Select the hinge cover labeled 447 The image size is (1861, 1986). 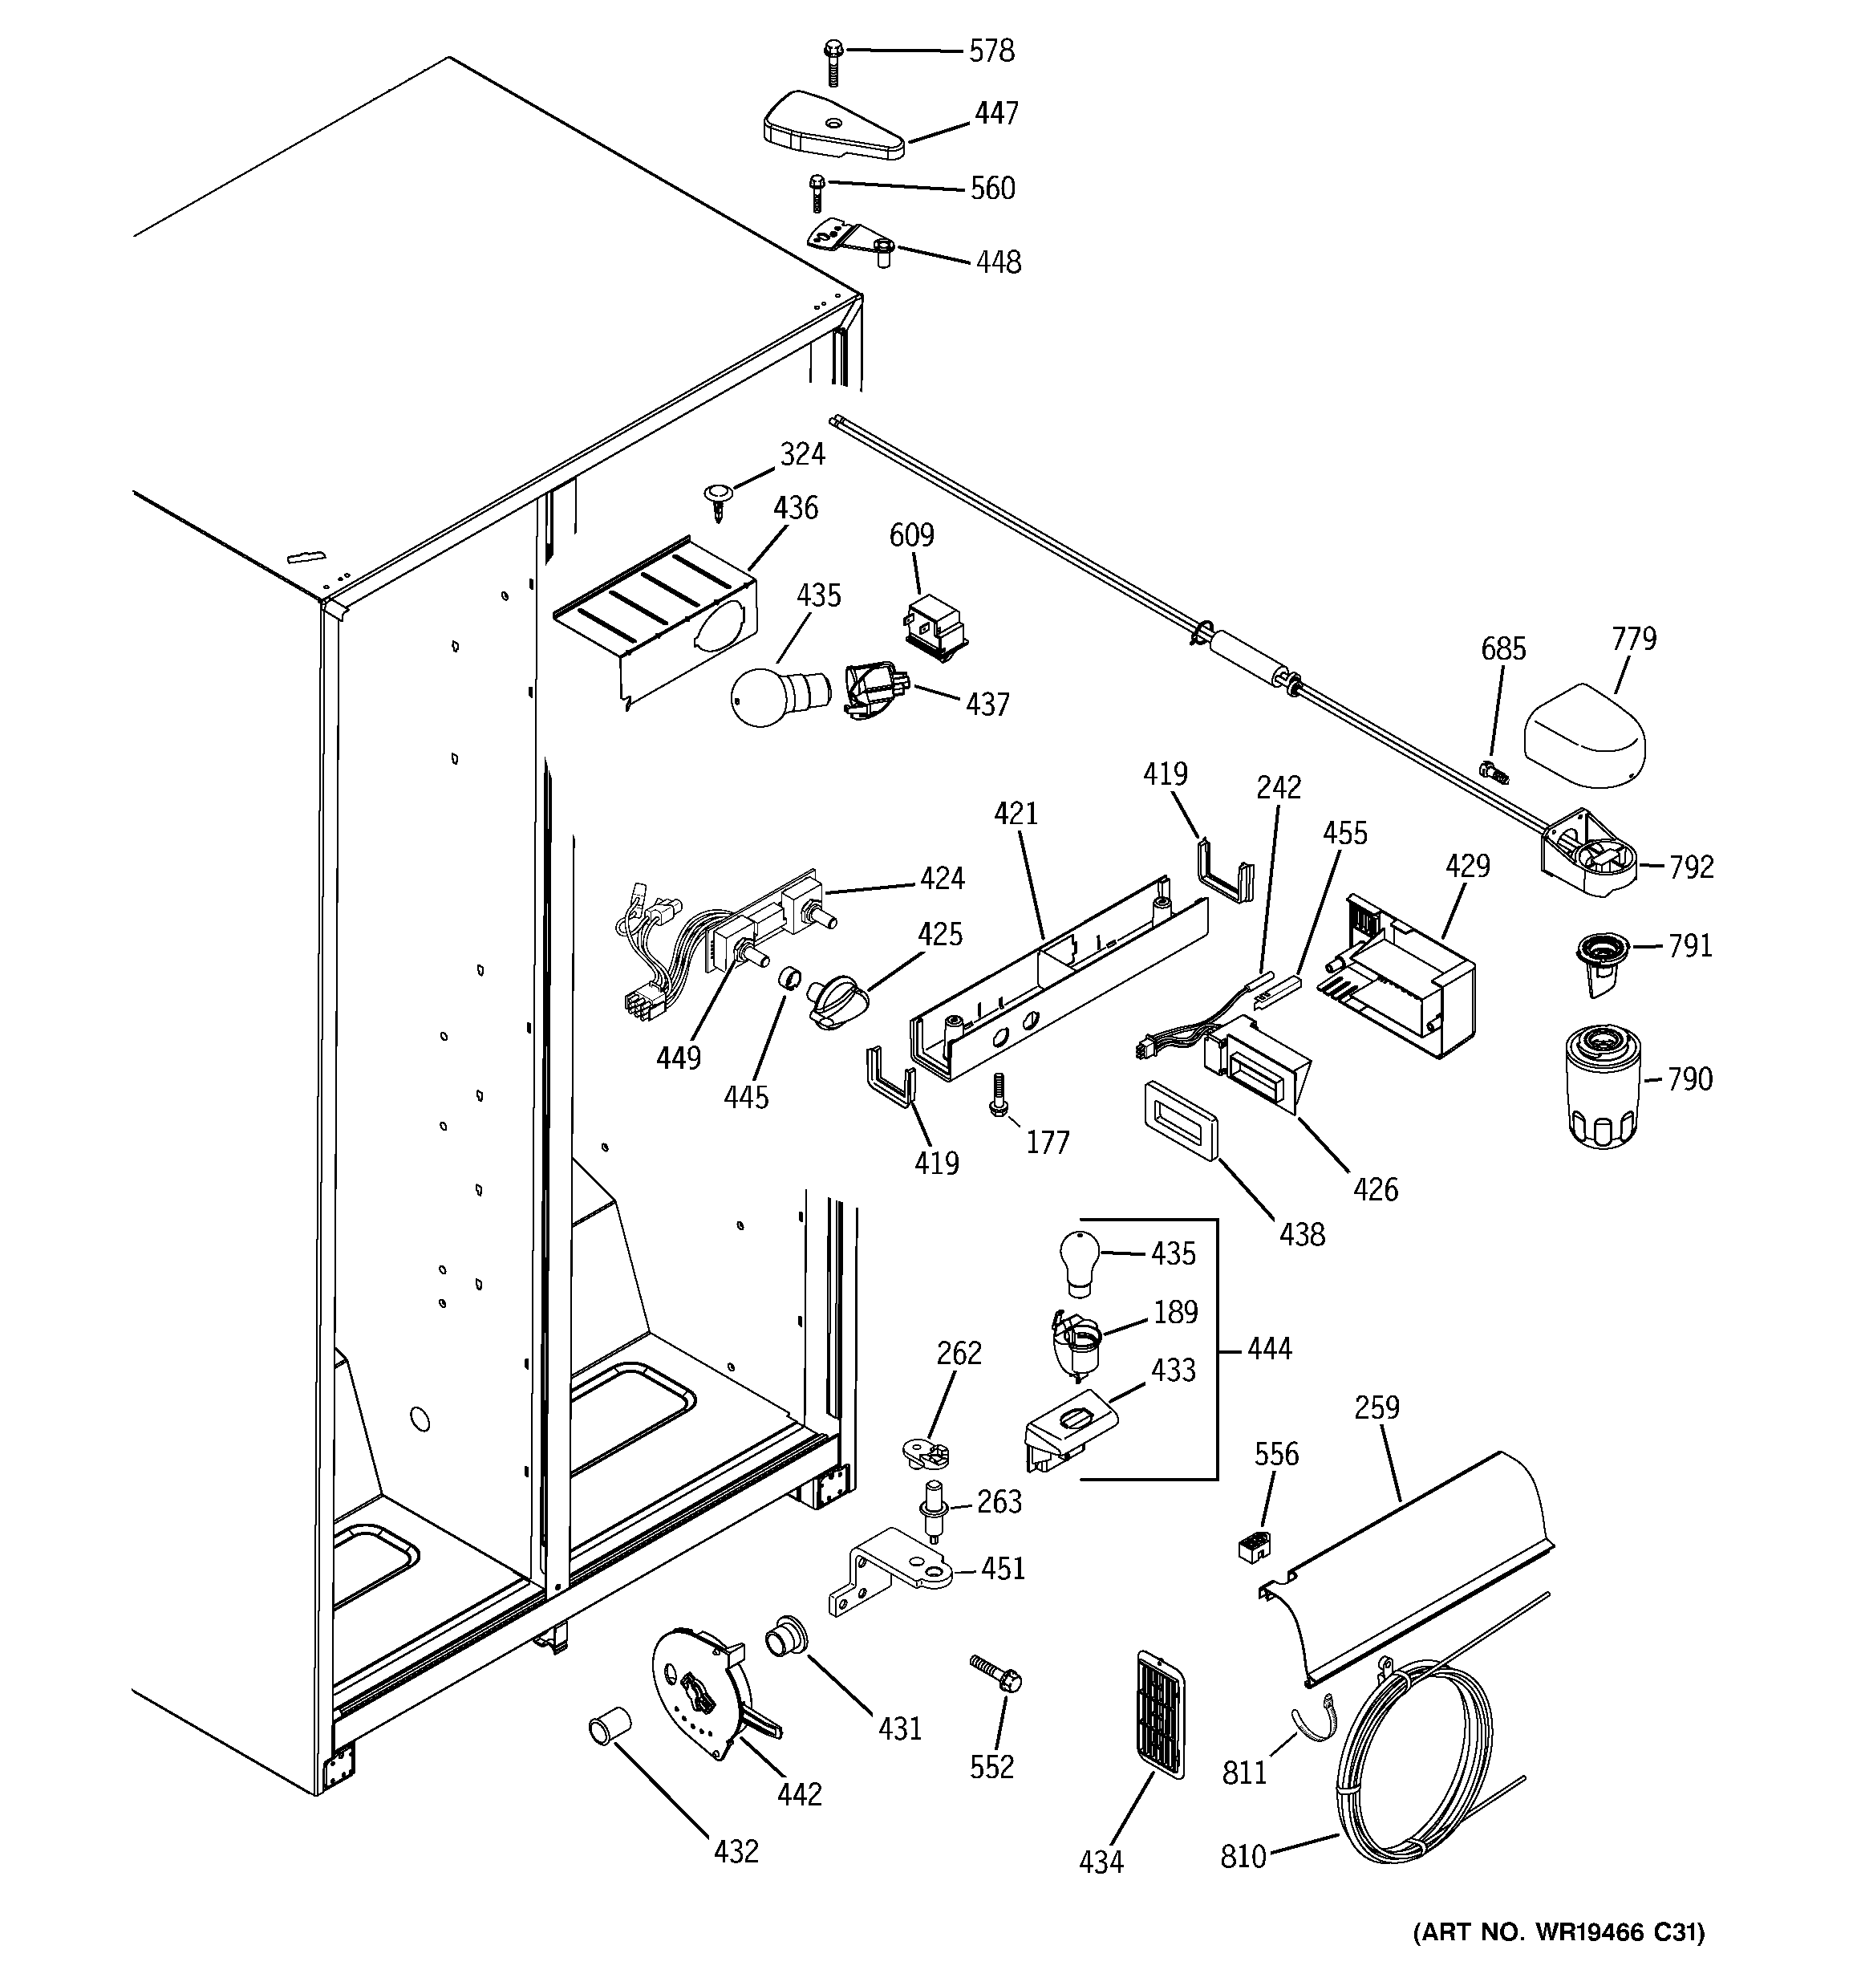click(831, 128)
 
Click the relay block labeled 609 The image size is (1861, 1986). click(936, 629)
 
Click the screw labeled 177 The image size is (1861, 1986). click(998, 1095)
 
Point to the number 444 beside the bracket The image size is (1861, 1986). click(1269, 1349)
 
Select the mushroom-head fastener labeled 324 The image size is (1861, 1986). click(716, 497)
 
